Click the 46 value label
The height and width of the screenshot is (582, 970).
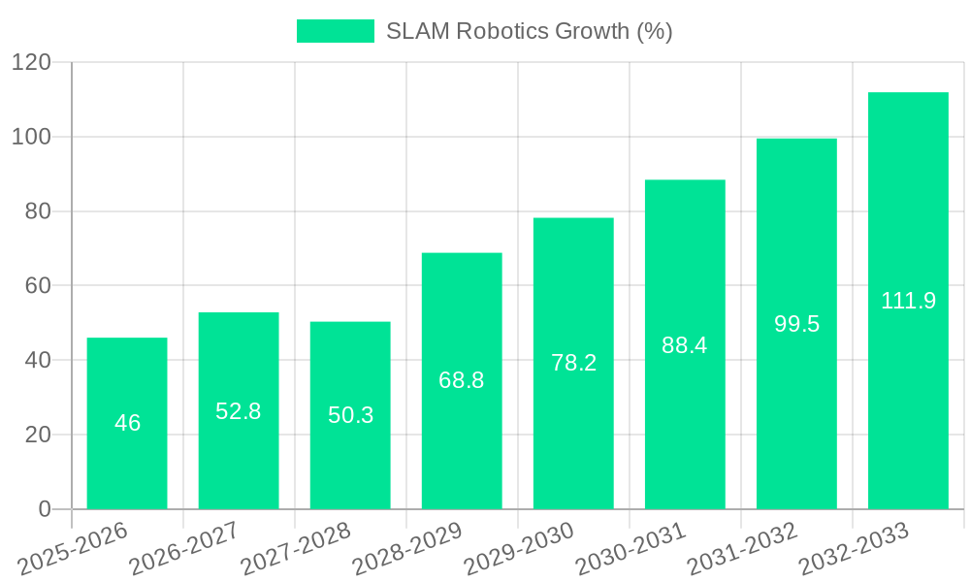(127, 423)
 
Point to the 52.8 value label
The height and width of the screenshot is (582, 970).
(239, 411)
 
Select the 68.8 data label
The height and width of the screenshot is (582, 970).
(462, 380)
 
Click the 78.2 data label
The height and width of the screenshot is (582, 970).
(573, 363)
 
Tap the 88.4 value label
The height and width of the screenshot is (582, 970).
(685, 344)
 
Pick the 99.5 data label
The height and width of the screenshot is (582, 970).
(796, 324)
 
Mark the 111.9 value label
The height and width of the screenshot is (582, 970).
(908, 301)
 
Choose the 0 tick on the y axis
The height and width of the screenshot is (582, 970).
(44, 509)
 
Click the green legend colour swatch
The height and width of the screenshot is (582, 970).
(335, 31)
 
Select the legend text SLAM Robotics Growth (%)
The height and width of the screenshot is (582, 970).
(529, 31)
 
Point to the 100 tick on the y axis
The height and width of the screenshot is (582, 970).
(31, 137)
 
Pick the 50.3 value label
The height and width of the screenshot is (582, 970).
(350, 415)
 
